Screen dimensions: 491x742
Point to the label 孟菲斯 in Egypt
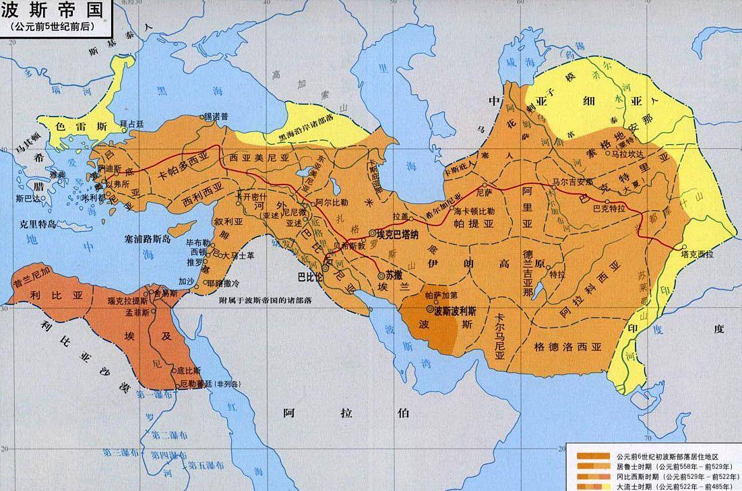[135, 314]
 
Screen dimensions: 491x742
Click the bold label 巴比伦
[307, 277]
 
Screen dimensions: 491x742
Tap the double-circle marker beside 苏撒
[382, 276]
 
